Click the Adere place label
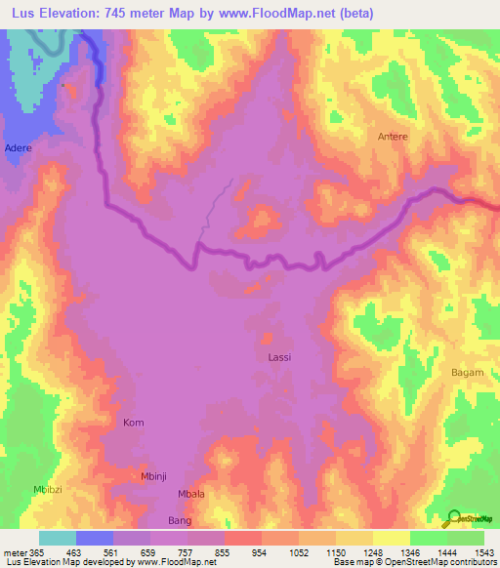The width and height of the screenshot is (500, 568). (x=18, y=147)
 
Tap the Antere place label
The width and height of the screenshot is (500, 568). (x=393, y=137)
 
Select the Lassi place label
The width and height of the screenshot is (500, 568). (x=279, y=357)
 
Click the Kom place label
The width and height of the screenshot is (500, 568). (x=133, y=423)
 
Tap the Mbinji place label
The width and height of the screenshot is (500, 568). (x=155, y=476)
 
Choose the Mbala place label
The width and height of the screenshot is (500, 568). (x=191, y=494)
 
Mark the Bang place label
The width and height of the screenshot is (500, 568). (x=179, y=521)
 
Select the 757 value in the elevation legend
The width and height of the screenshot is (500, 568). (x=187, y=553)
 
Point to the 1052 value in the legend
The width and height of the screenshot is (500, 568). (x=299, y=553)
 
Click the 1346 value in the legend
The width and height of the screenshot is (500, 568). (x=410, y=553)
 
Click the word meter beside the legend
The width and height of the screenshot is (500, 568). (x=15, y=553)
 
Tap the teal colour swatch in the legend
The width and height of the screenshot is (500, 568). (x=58, y=538)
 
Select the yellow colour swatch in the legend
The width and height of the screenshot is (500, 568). (x=392, y=538)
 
